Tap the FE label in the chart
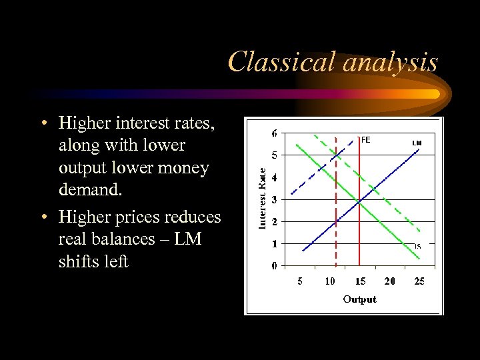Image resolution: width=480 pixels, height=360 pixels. [x=365, y=140]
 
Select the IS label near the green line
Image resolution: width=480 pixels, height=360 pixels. [x=417, y=247]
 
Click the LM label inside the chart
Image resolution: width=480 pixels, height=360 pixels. [x=417, y=143]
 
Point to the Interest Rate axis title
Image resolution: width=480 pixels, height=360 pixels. [x=263, y=198]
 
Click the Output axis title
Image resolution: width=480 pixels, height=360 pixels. [x=359, y=299]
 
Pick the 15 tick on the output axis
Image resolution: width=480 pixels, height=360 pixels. [x=359, y=281]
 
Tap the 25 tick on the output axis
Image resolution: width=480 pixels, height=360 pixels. [x=419, y=281]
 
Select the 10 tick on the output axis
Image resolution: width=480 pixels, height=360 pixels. [x=329, y=281]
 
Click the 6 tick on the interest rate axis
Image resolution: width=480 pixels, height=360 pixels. [x=275, y=133]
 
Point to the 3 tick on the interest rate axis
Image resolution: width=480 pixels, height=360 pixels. [x=275, y=199]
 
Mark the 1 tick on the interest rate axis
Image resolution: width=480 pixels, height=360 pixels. [x=275, y=244]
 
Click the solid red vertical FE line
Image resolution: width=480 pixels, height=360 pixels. [x=359, y=227]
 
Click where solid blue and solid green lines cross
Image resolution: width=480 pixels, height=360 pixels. [x=359, y=200]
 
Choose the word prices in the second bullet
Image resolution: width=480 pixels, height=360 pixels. [x=139, y=217]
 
